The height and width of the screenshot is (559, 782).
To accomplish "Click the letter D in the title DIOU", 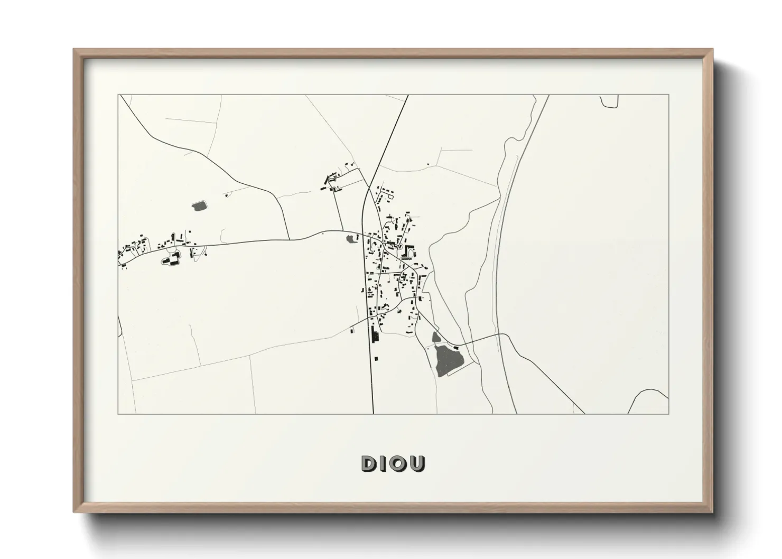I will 368,463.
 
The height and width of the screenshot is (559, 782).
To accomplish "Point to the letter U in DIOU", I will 417,463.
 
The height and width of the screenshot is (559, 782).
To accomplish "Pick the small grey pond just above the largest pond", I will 436,337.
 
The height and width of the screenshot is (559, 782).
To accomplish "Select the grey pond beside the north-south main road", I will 351,239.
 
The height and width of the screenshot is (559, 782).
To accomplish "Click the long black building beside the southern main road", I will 376,334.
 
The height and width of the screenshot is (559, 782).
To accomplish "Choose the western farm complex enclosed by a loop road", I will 171,258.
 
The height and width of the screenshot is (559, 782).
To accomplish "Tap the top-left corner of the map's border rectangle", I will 118,95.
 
